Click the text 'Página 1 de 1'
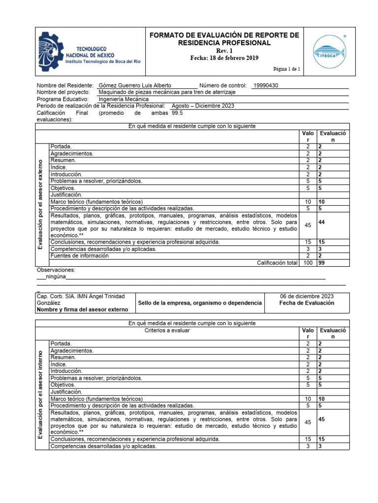tap(290, 69)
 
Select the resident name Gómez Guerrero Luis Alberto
tap(135, 85)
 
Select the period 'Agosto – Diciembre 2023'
tap(203, 106)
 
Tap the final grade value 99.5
tap(177, 112)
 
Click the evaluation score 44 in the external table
tap(322, 223)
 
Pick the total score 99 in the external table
tap(321, 263)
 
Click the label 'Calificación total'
tap(278, 263)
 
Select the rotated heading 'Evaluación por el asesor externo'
tap(42, 204)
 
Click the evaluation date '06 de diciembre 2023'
tap(307, 296)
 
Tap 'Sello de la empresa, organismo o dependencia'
tap(200, 303)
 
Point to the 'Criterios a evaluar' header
tap(167, 331)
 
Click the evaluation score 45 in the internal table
tap(322, 419)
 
